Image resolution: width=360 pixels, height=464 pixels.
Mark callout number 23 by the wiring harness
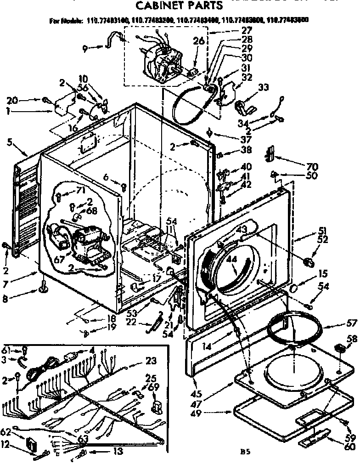pos(151,360)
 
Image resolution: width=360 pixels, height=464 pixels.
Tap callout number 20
pos(12,100)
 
